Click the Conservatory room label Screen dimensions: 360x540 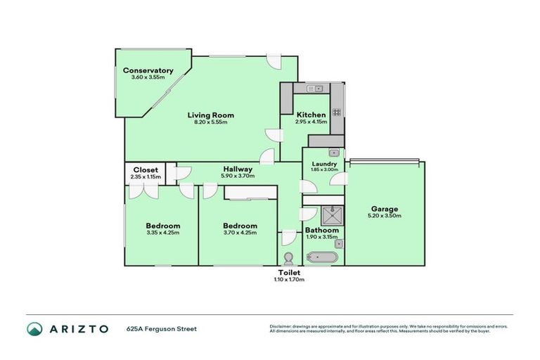tap(148, 70)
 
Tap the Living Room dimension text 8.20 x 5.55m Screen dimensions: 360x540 tap(210, 122)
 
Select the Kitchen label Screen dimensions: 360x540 tap(311, 115)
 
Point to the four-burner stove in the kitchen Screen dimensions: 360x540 tap(336, 111)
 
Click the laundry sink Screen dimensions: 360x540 tap(334, 153)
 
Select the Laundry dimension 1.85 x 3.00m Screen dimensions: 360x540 tap(324, 169)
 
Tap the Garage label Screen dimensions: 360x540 tap(385, 209)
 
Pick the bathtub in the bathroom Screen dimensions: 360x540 tap(323, 258)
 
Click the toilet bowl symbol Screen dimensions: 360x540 tap(288, 258)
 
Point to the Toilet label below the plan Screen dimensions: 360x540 tap(289, 272)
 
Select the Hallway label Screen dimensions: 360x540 tap(238, 169)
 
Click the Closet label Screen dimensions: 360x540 tap(146, 170)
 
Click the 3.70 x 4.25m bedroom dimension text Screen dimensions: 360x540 tap(240, 233)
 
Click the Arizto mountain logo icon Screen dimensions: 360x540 tap(34, 329)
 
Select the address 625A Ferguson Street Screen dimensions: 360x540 tap(161, 328)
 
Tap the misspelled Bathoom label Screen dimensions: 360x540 tap(322, 230)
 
